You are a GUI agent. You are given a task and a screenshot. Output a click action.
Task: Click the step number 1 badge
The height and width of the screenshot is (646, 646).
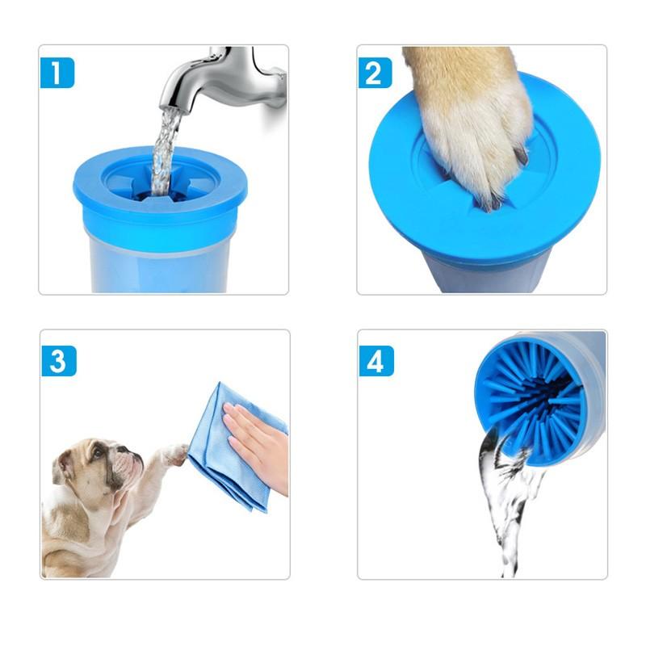click(57, 73)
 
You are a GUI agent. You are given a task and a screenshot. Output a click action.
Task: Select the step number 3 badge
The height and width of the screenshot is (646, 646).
click(57, 360)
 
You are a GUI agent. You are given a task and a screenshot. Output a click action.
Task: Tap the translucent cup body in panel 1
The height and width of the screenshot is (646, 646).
click(161, 262)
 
